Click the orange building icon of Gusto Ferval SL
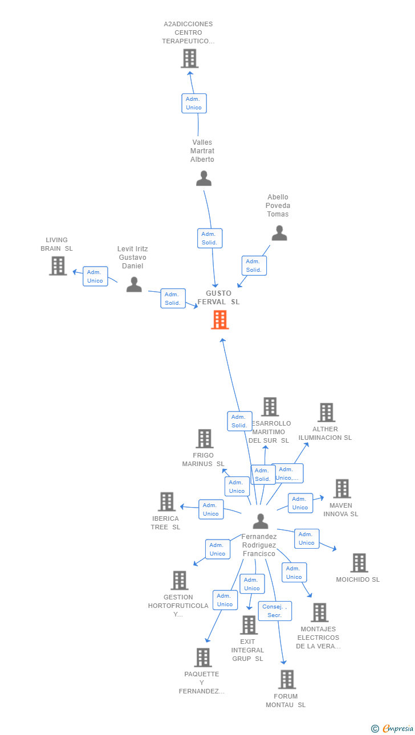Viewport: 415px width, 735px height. (219, 320)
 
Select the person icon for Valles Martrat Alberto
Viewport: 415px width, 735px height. (204, 178)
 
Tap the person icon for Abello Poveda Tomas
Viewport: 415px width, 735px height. (279, 232)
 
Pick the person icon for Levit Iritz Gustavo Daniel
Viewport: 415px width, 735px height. (134, 284)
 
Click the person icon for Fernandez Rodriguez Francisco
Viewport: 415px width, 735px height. (261, 521)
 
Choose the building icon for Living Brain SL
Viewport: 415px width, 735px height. (58, 266)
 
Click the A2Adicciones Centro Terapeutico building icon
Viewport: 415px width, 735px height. (189, 58)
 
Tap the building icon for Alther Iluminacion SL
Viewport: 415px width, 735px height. (326, 413)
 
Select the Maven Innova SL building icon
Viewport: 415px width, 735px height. (341, 488)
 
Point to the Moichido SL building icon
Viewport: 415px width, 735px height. (359, 563)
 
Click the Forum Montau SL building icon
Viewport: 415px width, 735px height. (287, 679)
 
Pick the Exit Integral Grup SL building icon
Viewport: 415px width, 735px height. (249, 625)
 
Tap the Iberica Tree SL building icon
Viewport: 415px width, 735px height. (166, 501)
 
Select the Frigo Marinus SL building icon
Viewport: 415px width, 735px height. (204, 439)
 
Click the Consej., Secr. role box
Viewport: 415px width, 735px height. (275, 611)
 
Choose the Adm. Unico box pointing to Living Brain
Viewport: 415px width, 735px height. (95, 276)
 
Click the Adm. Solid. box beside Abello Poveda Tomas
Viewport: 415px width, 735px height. (254, 266)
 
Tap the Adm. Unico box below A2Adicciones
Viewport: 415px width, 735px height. (194, 103)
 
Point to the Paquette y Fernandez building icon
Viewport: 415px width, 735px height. (202, 658)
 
